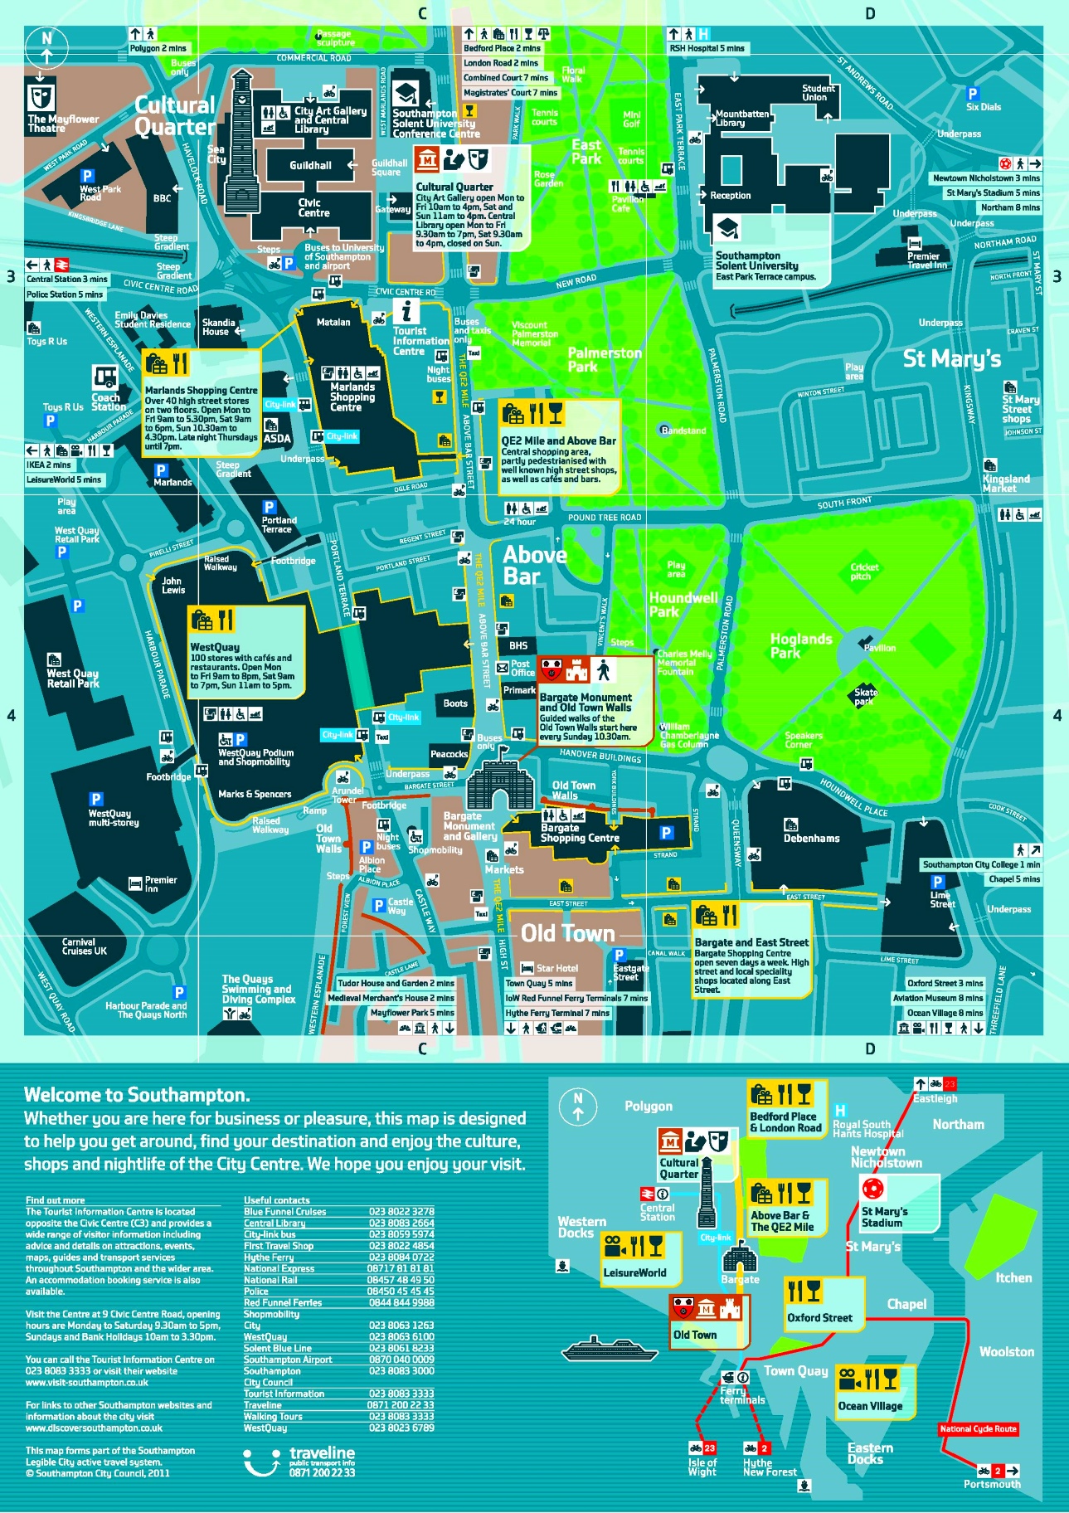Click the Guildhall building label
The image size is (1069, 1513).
tap(310, 166)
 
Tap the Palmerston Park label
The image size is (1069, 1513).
tap(604, 359)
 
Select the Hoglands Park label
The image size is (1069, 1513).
tap(800, 645)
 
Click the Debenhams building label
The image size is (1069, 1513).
tap(811, 839)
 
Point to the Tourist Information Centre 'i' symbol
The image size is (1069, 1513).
tap(406, 312)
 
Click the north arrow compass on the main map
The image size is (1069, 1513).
tap(46, 46)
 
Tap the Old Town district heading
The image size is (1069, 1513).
tap(567, 934)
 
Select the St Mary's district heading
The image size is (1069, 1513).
tap(951, 358)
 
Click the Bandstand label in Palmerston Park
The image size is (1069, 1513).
tap(683, 431)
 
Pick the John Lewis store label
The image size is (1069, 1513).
tap(172, 586)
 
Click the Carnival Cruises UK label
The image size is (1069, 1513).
tap(84, 946)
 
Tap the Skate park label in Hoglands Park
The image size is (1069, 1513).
tap(865, 696)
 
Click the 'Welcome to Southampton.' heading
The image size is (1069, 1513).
tap(137, 1095)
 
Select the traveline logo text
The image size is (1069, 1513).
tap(322, 1452)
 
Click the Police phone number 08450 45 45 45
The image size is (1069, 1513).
tap(401, 1292)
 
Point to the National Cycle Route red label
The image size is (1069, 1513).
tap(978, 1428)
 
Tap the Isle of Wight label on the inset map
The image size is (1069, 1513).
tap(702, 1467)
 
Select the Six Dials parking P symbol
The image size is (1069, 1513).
tap(972, 94)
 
